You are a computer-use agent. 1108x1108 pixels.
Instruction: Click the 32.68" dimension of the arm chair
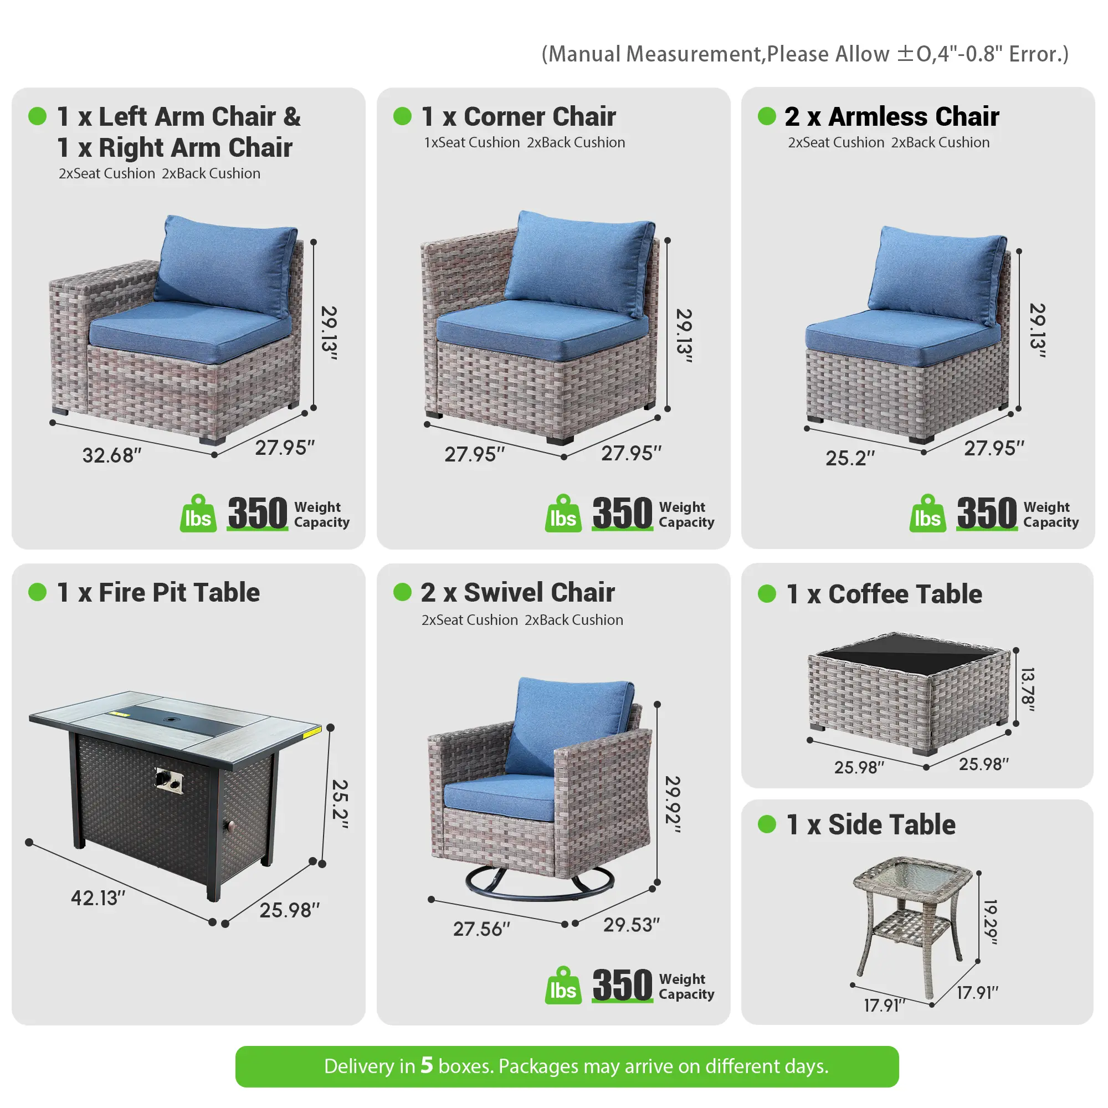click(x=112, y=455)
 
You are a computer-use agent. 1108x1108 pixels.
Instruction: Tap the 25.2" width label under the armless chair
click(x=850, y=458)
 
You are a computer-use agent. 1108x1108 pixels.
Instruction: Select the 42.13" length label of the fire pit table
click(x=98, y=897)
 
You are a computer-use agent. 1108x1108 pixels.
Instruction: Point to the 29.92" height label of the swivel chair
click(x=673, y=804)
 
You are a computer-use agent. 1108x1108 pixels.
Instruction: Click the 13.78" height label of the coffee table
click(x=1028, y=689)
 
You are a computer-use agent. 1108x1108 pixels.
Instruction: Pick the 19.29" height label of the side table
click(x=991, y=922)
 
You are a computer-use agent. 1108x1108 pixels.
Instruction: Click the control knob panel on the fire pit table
click(x=170, y=780)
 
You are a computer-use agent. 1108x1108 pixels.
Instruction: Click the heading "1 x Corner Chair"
click(x=519, y=116)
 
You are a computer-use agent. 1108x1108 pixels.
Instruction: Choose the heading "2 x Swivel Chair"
click(x=518, y=592)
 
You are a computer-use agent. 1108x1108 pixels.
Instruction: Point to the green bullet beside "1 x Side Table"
click(x=767, y=824)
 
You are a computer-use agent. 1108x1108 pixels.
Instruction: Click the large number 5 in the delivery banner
click(x=427, y=1065)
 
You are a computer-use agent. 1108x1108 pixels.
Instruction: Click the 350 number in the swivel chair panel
click(x=622, y=985)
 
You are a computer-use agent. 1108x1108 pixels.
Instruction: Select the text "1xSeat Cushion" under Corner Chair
click(x=472, y=142)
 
